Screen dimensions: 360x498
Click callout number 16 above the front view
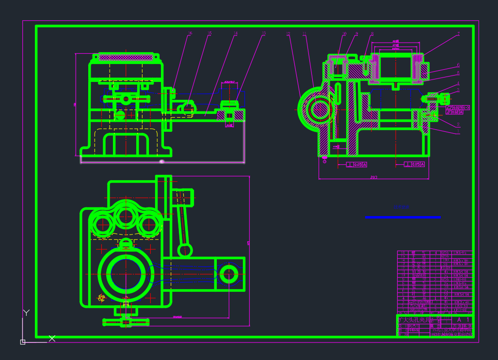[190, 34]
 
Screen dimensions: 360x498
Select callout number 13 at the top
[263, 34]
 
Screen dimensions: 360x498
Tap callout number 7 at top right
[458, 34]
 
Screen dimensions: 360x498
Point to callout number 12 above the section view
[288, 34]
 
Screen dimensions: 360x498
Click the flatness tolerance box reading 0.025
[458, 107]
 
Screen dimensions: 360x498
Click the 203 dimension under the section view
[373, 177]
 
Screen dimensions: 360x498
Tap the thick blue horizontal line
[402, 217]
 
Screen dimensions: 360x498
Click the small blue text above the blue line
[402, 207]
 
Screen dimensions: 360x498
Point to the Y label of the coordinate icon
[27, 313]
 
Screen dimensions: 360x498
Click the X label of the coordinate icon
[52, 338]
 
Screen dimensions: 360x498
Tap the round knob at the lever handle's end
[185, 250]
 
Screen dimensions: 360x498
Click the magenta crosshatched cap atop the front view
[126, 57]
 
